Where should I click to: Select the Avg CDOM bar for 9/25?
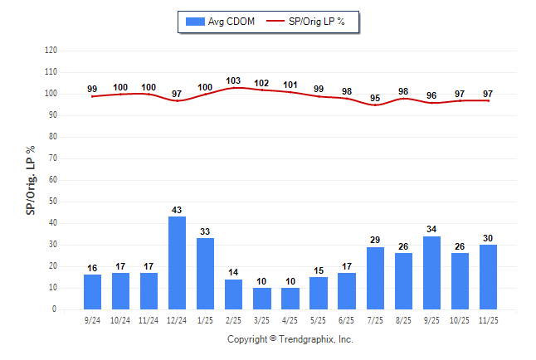coord(431,273)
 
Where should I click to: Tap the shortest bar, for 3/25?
coord(261,299)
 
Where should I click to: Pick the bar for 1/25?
coord(205,274)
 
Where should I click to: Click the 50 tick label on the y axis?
coord(53,202)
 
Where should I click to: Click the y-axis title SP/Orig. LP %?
coord(31,179)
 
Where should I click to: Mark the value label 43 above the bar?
coord(177,210)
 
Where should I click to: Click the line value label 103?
coord(233,81)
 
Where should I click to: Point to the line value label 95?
coord(375,99)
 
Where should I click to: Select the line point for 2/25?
coord(233,87)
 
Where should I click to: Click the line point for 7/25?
coord(375,105)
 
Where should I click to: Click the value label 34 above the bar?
coord(431,229)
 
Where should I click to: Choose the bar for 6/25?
coord(347,291)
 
